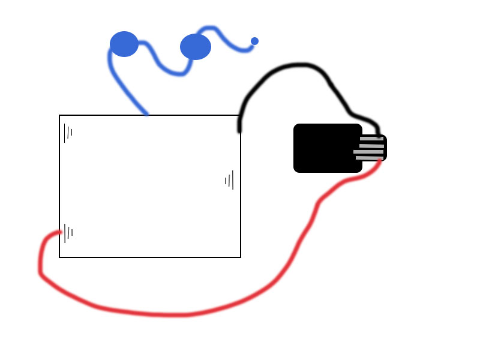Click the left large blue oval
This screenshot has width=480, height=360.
pos(124,44)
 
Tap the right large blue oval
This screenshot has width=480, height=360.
pos(196,47)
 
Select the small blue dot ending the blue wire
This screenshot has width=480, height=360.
pos(254,41)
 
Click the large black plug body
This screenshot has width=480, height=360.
pos(328,148)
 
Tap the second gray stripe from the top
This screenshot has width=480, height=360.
pos(371,146)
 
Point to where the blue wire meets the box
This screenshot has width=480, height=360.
pos(146,114)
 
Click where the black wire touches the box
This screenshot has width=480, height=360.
pos(239,130)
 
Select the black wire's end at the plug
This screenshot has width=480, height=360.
pos(378,137)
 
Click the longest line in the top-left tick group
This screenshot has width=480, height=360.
pos(65,133)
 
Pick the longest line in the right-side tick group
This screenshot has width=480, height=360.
pos(232,180)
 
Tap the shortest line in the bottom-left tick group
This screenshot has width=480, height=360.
pos(72,232)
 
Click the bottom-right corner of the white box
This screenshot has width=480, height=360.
pos(241,257)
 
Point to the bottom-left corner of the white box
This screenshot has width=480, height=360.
pos(59,257)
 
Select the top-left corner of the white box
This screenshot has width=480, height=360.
pos(59,115)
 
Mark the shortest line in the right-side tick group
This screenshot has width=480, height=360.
pos(226,181)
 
